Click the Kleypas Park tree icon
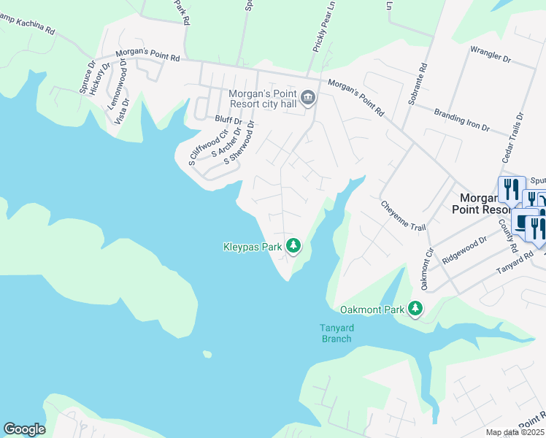(x=293, y=246)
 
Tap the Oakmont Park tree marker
(x=415, y=309)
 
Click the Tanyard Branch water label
(x=336, y=333)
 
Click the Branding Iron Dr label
(x=461, y=120)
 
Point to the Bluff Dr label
(x=228, y=118)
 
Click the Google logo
(x=24, y=429)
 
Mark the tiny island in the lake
(x=207, y=355)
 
